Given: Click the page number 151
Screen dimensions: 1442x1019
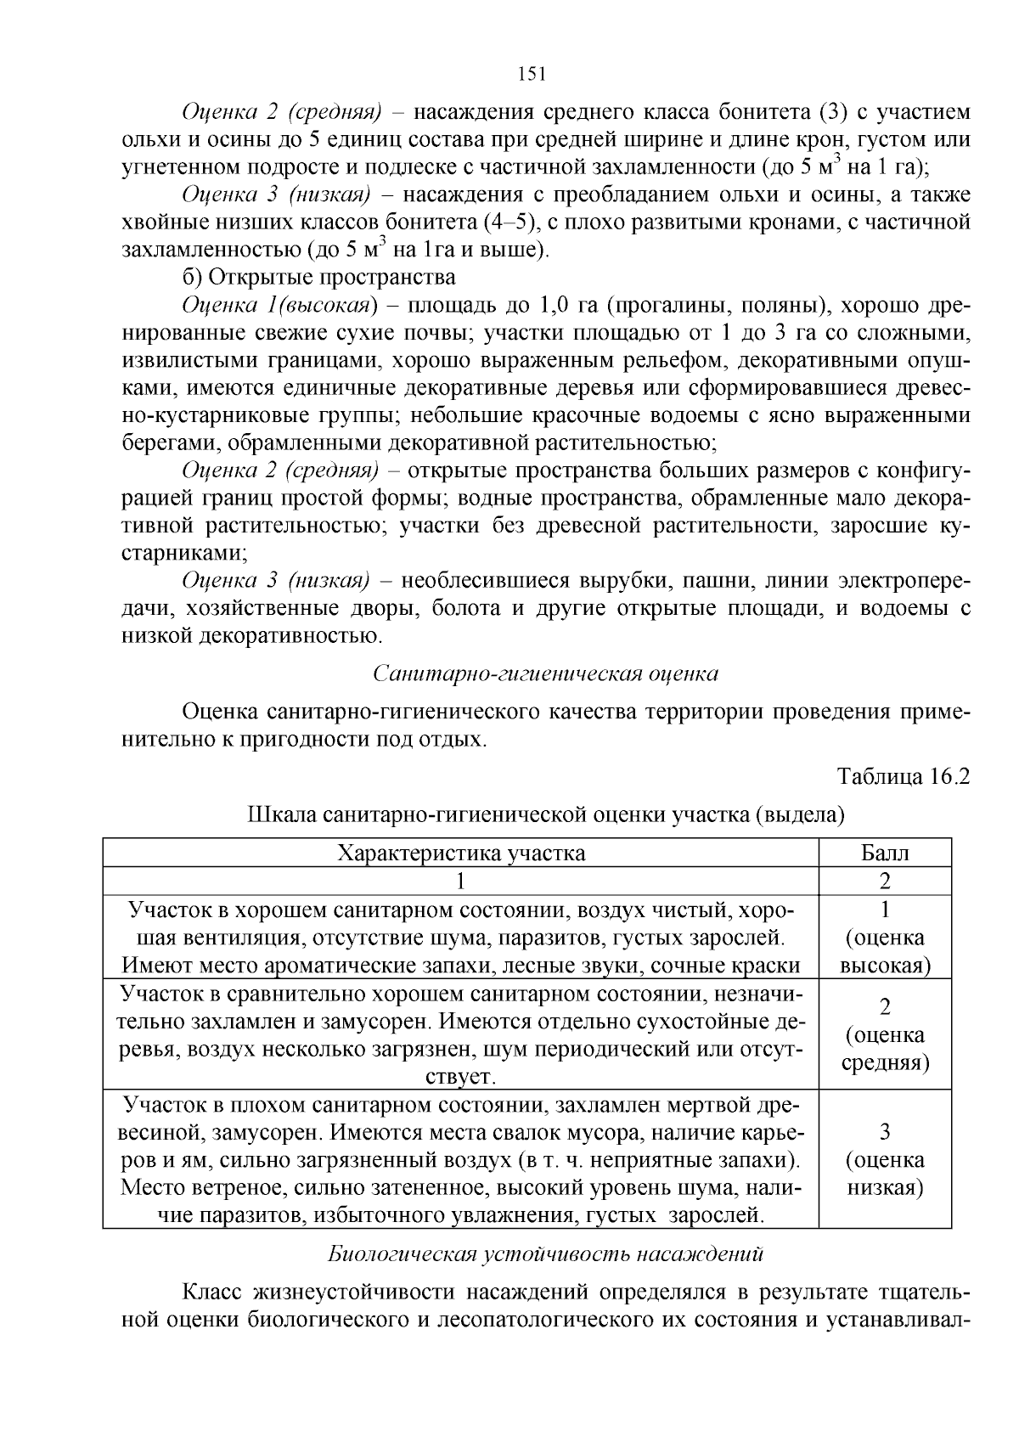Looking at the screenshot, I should click(x=531, y=74).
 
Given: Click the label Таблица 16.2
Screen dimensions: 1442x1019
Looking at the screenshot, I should click(x=903, y=776).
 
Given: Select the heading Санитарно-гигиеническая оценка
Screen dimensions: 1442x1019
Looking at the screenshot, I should click(x=545, y=673).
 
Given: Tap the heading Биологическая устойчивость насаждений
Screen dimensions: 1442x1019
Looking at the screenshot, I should click(x=545, y=1253).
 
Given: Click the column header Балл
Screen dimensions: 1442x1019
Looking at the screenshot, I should click(x=885, y=853).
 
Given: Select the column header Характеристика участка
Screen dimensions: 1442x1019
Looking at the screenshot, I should click(x=461, y=853).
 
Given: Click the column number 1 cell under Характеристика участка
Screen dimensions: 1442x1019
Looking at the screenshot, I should click(x=461, y=882).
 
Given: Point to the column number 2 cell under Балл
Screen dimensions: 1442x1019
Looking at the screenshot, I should click(x=885, y=882).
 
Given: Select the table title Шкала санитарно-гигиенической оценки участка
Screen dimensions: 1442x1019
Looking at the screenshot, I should click(x=545, y=815).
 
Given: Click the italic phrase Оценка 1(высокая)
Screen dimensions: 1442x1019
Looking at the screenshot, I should click(x=279, y=305).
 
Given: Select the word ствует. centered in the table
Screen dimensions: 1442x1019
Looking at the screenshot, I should click(x=460, y=1077).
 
